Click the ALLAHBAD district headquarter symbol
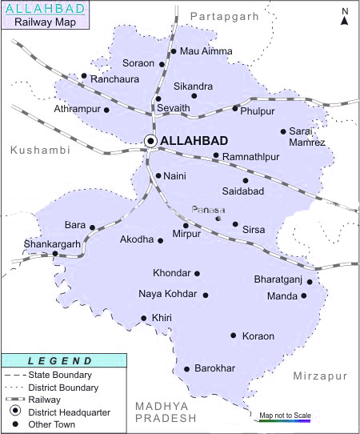point(150,141)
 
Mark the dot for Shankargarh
point(55,254)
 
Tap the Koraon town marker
point(234,336)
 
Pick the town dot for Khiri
point(144,318)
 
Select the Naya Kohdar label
point(167,295)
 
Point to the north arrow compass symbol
point(344,16)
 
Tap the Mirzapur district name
point(320,376)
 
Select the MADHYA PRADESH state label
point(166,413)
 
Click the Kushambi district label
point(39,150)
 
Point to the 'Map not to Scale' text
point(284,415)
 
